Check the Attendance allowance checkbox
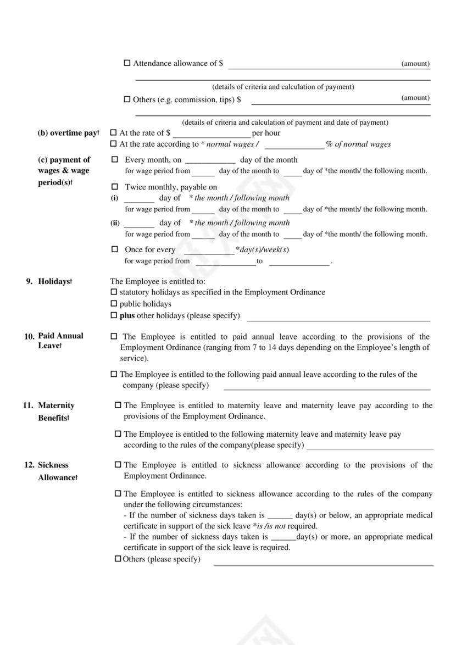127,64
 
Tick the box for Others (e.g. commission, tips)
127,100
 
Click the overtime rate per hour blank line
212,134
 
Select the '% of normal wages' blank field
294,144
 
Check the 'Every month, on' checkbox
115,160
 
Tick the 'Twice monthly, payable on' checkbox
115,187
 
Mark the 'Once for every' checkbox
115,249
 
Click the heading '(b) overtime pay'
68,134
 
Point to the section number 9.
30,281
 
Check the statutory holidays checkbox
114,292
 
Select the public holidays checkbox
114,304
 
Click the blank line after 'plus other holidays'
338,316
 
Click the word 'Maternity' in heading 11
56,405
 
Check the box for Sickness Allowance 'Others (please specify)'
118,559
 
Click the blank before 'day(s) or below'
280,516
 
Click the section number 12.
29,465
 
